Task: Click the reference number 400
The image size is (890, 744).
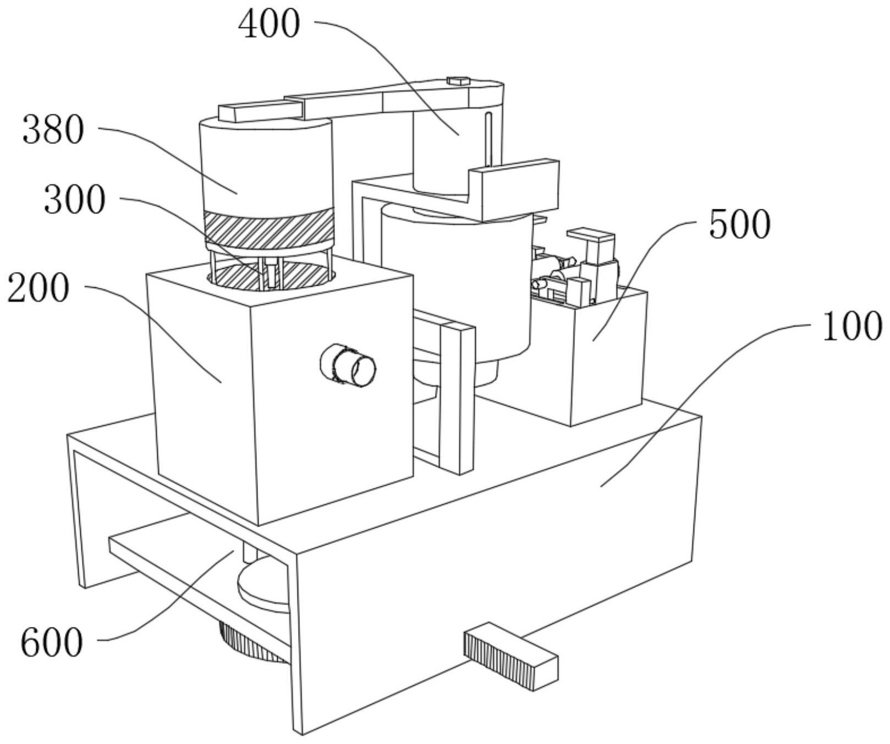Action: [270, 25]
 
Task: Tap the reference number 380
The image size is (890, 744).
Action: [53, 131]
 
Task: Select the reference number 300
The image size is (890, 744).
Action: [74, 199]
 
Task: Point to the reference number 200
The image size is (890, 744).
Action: [39, 289]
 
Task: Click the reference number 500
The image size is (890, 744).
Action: [740, 225]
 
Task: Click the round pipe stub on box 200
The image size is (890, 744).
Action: [348, 365]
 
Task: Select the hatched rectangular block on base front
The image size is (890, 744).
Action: [511, 657]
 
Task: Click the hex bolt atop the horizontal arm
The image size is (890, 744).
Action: [457, 81]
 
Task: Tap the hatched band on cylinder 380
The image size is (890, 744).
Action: [269, 226]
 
